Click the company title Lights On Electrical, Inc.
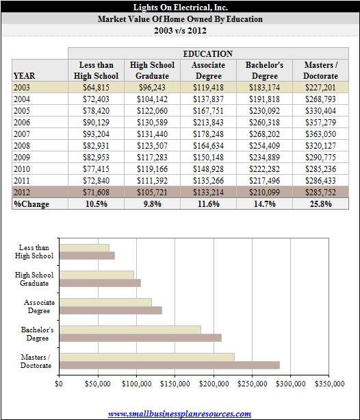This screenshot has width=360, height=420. coord(181,8)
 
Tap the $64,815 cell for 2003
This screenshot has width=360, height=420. coord(96,88)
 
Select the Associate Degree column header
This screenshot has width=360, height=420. coord(209,71)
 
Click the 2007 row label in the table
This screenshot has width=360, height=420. coord(22,134)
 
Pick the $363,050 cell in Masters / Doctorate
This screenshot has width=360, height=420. coord(321,134)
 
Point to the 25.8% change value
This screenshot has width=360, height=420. coord(321,204)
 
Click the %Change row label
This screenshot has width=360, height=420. coord(31,204)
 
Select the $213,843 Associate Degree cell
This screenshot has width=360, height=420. coord(209,123)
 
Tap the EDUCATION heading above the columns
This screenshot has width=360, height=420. coord(208,54)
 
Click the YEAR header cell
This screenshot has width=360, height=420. coord(25,76)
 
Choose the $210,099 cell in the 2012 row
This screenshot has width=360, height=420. coord(264,193)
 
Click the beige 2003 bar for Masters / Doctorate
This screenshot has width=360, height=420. coord(147,357)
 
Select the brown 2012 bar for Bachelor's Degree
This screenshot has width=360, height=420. coord(140,338)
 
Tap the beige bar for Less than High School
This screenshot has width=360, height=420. coord(84,248)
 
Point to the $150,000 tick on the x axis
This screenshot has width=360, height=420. coord(175,384)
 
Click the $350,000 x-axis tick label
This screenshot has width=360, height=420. coord(329,384)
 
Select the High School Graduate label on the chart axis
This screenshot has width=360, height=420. coord(34,279)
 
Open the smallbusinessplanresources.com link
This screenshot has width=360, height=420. coord(179,414)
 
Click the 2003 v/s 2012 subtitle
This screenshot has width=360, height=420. coord(180,31)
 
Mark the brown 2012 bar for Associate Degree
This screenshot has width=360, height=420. coord(111,310)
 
